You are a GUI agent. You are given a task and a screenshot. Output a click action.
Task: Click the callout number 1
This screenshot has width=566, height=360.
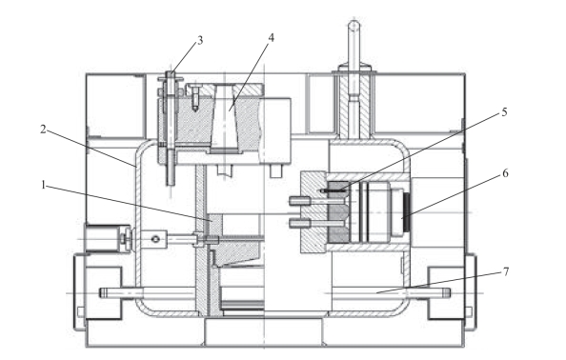click(43, 186)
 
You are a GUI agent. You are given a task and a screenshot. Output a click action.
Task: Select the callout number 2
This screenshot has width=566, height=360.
click(43, 129)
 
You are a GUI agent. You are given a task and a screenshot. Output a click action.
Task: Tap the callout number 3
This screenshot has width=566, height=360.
click(199, 40)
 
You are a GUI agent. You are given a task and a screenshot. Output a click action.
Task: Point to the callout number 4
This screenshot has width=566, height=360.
click(271, 37)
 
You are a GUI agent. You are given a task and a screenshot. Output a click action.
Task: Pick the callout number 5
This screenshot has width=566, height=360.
click(504, 112)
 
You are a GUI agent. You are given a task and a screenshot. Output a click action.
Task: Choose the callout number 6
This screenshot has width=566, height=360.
click(505, 173)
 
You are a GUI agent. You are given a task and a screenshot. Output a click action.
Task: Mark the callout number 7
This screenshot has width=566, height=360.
click(506, 271)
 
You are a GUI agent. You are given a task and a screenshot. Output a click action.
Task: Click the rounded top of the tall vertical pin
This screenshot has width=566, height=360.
click(354, 25)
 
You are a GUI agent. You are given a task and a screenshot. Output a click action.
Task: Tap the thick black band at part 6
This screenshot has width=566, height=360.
click(408, 212)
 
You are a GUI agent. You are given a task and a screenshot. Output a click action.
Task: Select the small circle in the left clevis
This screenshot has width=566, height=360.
click(155, 239)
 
